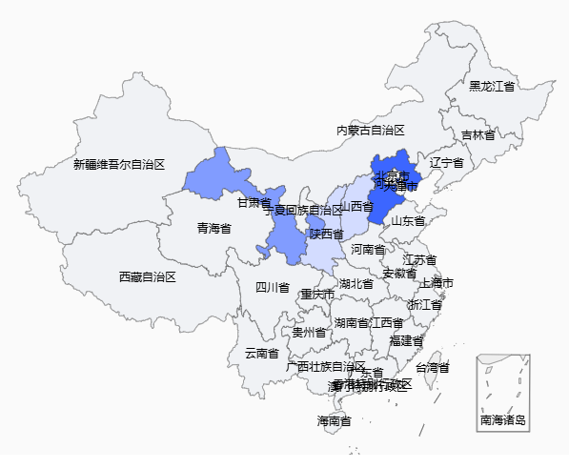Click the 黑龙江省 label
[x=492, y=86]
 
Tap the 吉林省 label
[x=478, y=135]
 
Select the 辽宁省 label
[x=446, y=163]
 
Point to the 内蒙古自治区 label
[x=371, y=130]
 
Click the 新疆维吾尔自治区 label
[x=119, y=164]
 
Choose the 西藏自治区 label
[x=148, y=276]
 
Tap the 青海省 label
[x=214, y=229]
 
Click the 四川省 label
[x=272, y=287]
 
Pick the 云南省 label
[x=262, y=353]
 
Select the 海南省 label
[x=334, y=420]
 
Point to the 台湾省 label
[x=432, y=367]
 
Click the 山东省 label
[x=408, y=221]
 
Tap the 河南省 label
[x=368, y=250]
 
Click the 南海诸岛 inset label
[x=503, y=419]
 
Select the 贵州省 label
[x=309, y=333]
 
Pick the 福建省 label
[x=406, y=340]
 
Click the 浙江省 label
[x=424, y=305]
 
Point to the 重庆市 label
[x=317, y=295]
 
